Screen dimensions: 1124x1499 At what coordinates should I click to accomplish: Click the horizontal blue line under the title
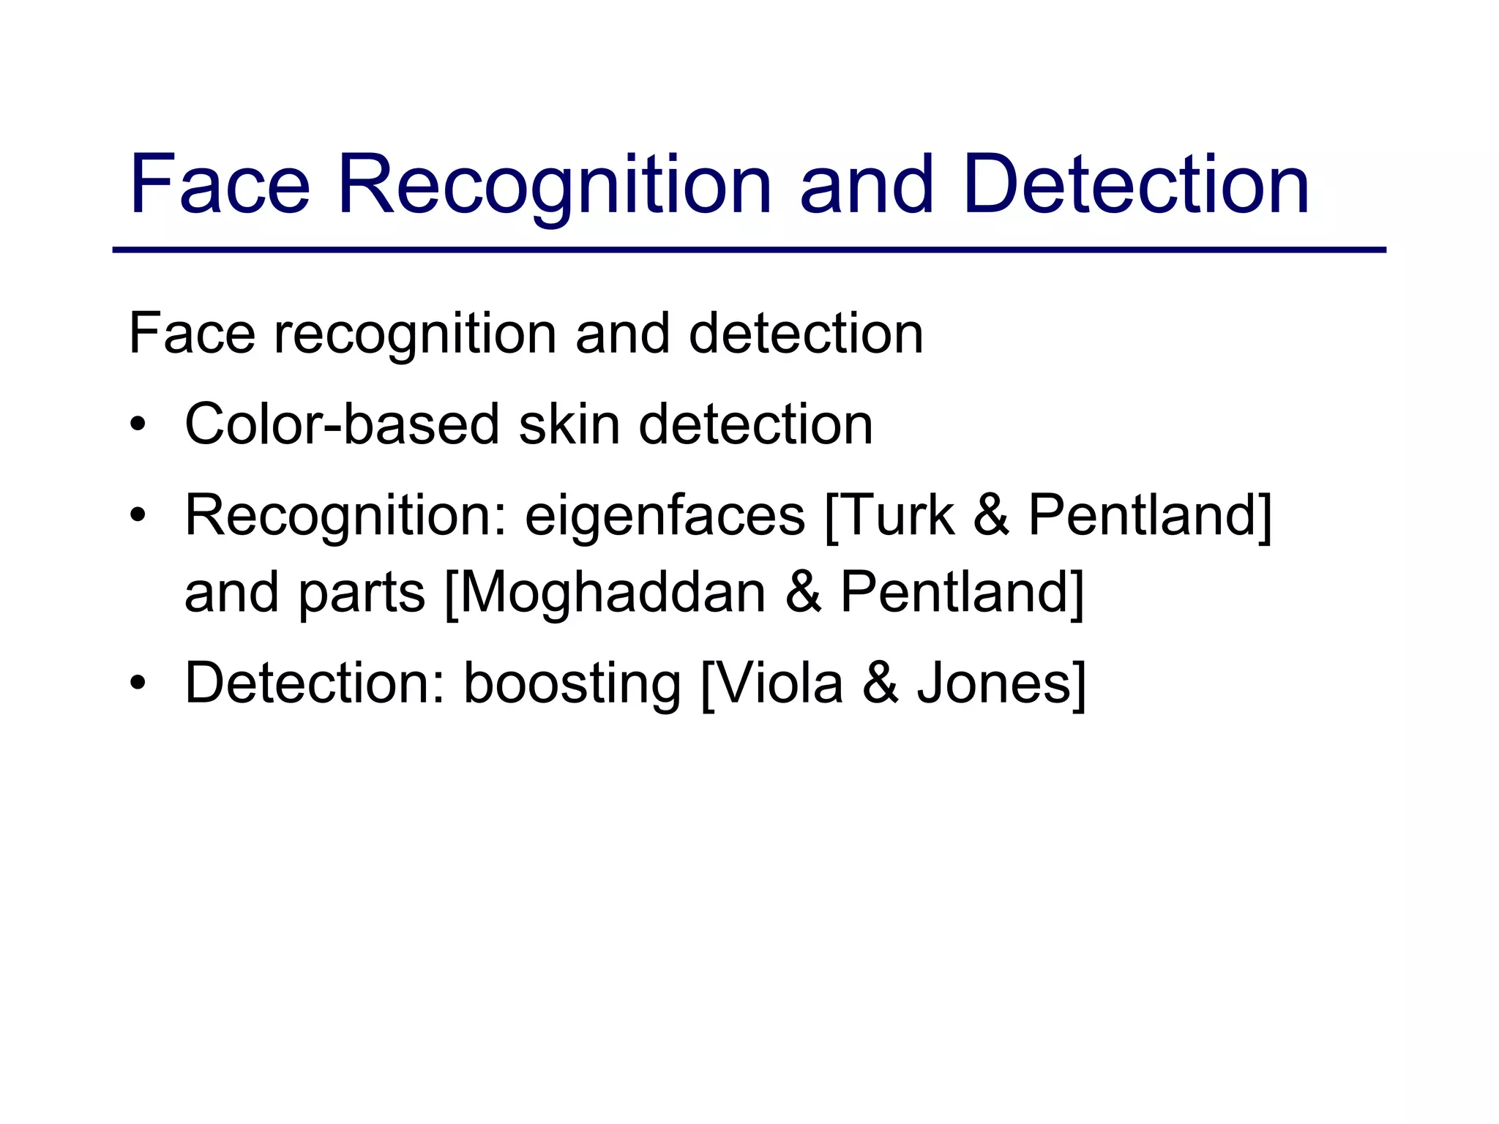click(749, 250)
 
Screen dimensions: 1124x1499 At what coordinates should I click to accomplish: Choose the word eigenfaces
click(665, 516)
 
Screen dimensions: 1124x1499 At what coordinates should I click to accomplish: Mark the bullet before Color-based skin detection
click(138, 425)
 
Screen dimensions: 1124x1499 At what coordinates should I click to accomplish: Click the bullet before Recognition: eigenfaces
click(138, 516)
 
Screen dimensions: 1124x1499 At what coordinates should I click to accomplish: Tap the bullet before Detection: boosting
click(138, 683)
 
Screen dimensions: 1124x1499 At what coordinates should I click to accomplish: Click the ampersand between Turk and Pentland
click(992, 516)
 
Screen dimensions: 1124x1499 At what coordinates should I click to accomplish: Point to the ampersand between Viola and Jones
click(881, 683)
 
